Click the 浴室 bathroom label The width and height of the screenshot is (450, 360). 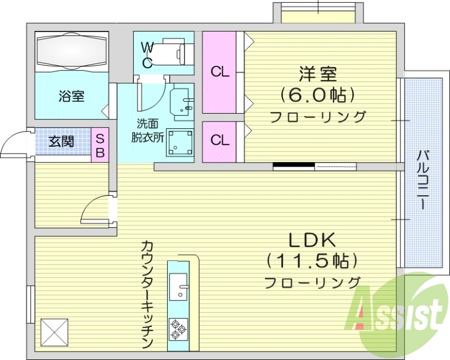(71, 96)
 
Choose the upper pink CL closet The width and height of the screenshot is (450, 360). (220, 72)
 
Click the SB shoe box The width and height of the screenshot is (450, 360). (100, 145)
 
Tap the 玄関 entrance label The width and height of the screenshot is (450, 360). (61, 141)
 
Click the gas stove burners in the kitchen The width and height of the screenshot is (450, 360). (178, 328)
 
